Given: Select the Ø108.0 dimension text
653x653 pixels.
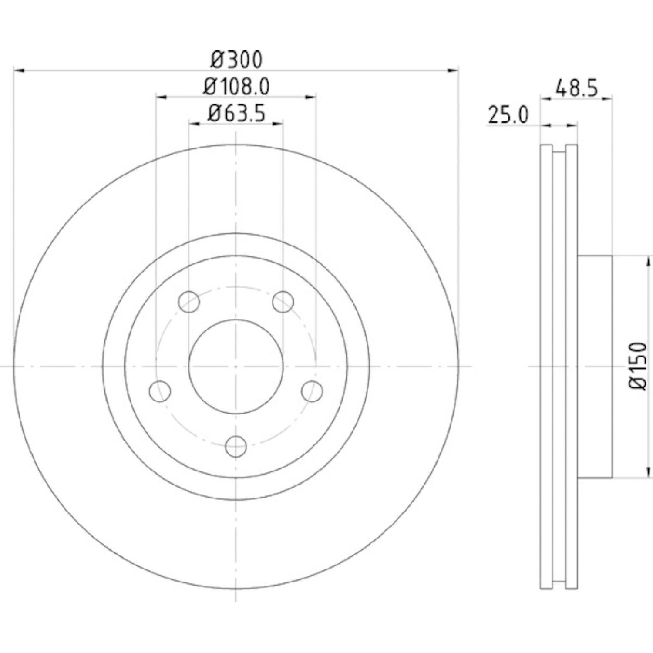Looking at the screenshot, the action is (236, 87).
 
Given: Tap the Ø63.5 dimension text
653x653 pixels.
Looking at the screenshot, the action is (236, 114).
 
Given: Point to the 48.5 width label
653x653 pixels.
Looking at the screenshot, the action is (577, 88).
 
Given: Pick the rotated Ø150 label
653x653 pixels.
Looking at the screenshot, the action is (639, 366).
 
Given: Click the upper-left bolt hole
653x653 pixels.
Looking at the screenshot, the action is (189, 301).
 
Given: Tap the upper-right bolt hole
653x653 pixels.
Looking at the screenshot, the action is (283, 301).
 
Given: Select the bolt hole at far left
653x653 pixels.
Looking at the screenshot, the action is (160, 391).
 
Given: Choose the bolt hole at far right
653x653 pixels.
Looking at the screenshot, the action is (312, 391).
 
